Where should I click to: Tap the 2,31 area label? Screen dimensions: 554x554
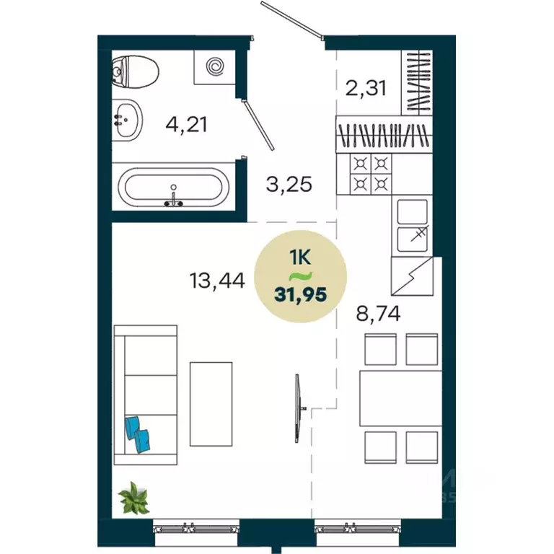tap(367, 88)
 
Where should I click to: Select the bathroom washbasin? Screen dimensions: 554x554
tap(128, 117)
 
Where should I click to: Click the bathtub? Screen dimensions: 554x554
tap(175, 188)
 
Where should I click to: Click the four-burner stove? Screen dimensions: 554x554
tap(371, 173)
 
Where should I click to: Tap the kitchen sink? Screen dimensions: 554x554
tap(413, 223)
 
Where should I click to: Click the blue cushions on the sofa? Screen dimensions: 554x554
tap(138, 434)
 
